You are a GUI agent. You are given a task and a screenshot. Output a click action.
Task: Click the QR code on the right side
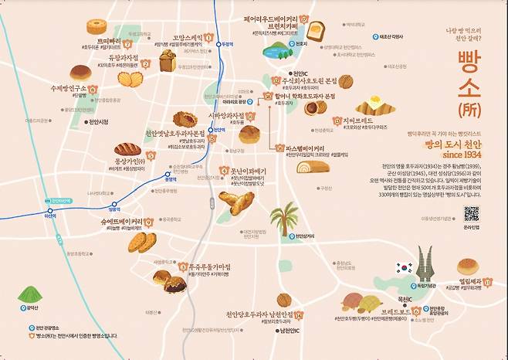(471, 212)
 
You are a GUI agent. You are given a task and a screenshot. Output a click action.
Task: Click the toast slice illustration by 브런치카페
(314, 32)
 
